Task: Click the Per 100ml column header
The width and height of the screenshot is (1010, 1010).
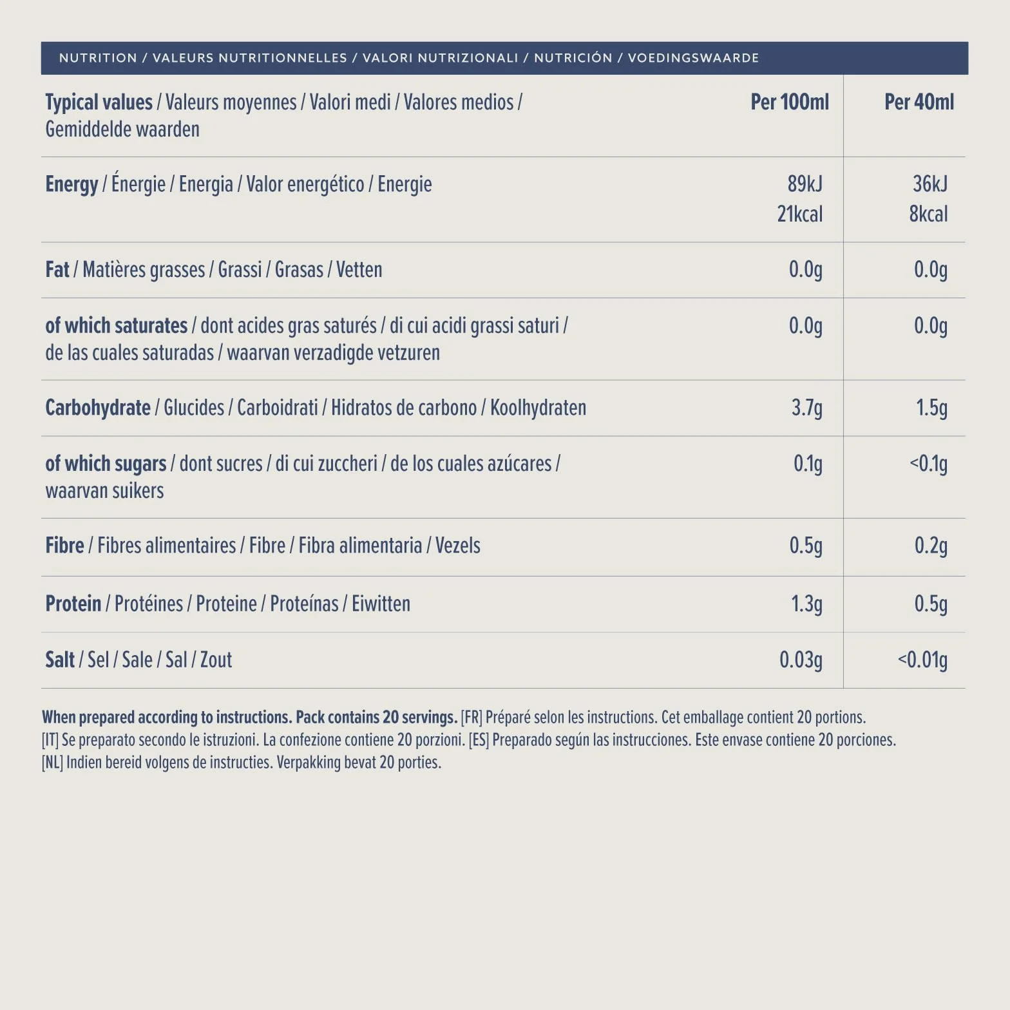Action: tap(790, 102)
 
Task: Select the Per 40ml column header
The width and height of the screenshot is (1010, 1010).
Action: tap(919, 102)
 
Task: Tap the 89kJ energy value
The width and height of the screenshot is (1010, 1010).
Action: tap(805, 184)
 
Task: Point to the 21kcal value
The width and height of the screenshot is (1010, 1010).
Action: tap(800, 214)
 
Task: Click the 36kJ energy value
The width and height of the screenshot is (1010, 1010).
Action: tap(930, 184)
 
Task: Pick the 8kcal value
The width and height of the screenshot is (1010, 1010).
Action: tap(928, 214)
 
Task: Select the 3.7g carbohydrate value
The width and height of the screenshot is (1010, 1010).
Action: tap(807, 408)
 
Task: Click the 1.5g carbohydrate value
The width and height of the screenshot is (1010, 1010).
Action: tap(932, 408)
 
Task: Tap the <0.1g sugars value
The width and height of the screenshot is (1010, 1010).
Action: tap(928, 464)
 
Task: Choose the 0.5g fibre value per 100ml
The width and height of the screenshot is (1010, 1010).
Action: tap(806, 546)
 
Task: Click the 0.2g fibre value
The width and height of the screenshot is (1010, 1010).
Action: tap(931, 546)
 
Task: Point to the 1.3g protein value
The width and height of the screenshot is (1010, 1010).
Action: tap(807, 604)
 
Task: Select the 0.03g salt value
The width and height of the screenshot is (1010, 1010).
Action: tap(801, 660)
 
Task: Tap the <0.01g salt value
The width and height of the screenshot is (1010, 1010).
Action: tap(923, 660)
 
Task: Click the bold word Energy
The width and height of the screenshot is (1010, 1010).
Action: tap(71, 185)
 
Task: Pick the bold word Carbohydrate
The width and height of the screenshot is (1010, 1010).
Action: tap(98, 408)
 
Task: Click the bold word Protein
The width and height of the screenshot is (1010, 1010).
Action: tap(73, 604)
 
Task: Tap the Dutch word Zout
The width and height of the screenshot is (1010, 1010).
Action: tap(216, 660)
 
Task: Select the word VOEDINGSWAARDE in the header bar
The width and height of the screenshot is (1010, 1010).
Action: tap(693, 58)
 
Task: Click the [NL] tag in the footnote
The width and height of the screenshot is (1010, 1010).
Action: tap(52, 763)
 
